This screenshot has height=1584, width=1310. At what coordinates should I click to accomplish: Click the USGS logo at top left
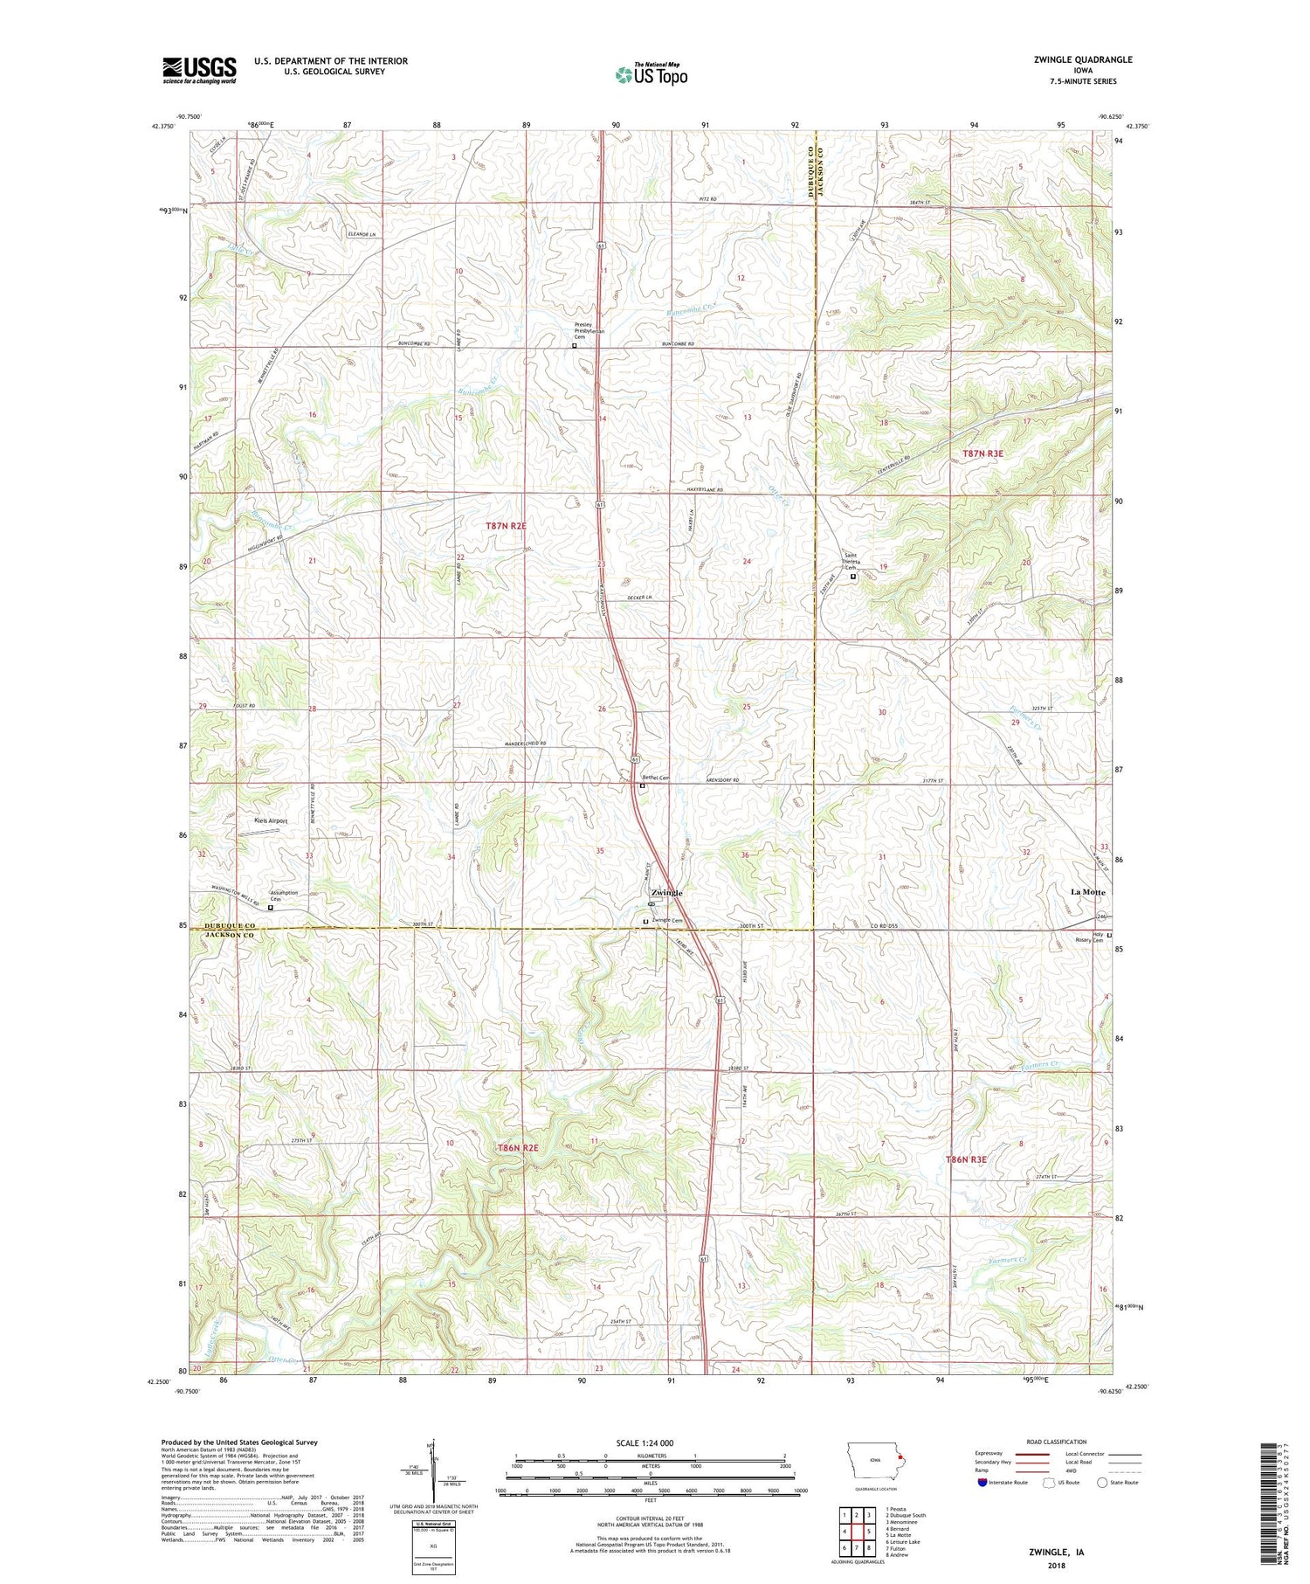pyautogui.click(x=199, y=70)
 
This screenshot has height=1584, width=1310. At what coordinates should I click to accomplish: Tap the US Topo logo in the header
pyautogui.click(x=651, y=75)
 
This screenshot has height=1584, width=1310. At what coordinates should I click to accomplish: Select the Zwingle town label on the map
pyautogui.click(x=666, y=892)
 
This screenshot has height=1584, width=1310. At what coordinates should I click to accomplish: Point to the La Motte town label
pyautogui.click(x=1087, y=892)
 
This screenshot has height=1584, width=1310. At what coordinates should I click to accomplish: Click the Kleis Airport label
pyautogui.click(x=271, y=820)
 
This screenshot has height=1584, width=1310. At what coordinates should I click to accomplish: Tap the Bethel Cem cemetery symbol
pyautogui.click(x=643, y=785)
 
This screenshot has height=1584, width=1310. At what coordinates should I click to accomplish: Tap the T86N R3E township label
pyautogui.click(x=966, y=1159)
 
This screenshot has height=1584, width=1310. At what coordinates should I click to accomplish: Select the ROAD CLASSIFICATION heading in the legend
pyautogui.click(x=1057, y=1442)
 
